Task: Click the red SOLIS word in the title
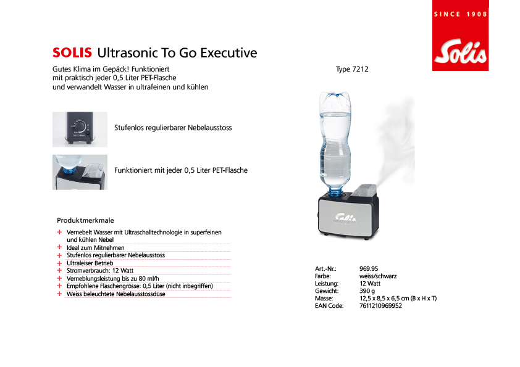click(x=72, y=52)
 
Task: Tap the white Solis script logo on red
click(x=460, y=52)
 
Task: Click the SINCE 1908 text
click(x=460, y=14)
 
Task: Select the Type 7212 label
click(x=352, y=69)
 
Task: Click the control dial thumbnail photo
click(x=80, y=129)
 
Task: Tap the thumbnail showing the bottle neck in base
click(x=80, y=172)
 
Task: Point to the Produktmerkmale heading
click(x=85, y=220)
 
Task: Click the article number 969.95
click(x=369, y=269)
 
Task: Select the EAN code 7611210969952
click(x=380, y=306)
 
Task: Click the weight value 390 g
click(x=367, y=291)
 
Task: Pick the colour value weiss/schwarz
click(x=378, y=276)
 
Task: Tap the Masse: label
click(x=324, y=299)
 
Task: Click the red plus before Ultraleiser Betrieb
click(x=59, y=263)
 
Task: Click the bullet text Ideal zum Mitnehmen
click(x=96, y=248)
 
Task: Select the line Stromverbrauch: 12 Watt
click(x=100, y=271)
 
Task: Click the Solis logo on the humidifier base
click(x=345, y=218)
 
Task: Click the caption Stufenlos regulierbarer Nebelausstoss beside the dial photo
click(x=173, y=128)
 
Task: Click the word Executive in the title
click(x=229, y=53)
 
